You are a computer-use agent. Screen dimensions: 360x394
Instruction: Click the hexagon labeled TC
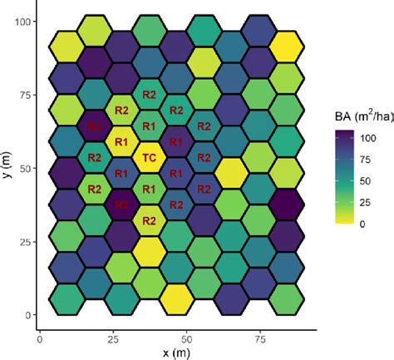[150, 157]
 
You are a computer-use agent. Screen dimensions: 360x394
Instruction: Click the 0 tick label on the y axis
[27, 314]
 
